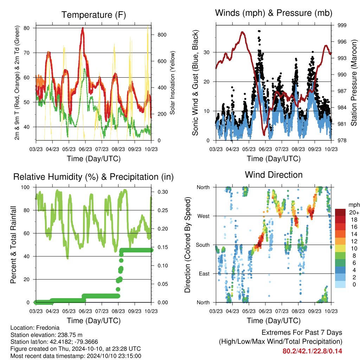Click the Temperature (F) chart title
tap(94, 15)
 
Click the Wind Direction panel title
tap(274, 175)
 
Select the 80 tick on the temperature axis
tap(27, 28)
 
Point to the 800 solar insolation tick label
tap(162, 35)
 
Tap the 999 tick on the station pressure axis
tap(342, 25)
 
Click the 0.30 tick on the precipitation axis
tap(163, 192)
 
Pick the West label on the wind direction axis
tap(204, 216)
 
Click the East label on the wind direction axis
tap(204, 274)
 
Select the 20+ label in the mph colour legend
tap(354, 212)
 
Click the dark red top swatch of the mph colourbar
tap(340, 212)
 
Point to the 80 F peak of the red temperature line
tap(83, 28)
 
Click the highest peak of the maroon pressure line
tap(242, 32)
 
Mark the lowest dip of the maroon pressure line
tap(264, 135)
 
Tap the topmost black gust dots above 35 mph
tap(259, 31)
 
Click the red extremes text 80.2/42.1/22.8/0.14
tap(312, 351)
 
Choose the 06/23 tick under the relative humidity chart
tap(85, 311)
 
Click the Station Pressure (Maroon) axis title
tap(354, 83)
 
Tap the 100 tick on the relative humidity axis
tap(25, 187)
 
